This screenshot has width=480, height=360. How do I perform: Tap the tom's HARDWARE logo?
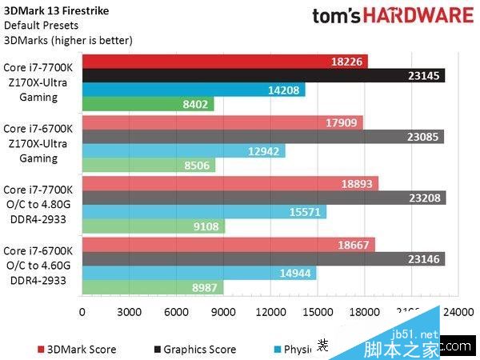[x=392, y=17]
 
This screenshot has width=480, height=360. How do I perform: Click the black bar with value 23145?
[x=263, y=75]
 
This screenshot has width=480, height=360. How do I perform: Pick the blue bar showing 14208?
[x=193, y=90]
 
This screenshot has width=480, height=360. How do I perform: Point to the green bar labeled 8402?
[x=147, y=104]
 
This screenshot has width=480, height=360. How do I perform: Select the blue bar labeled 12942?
[x=183, y=150]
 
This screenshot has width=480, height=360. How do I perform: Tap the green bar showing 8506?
[x=148, y=165]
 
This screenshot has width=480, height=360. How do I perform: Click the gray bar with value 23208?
[x=263, y=198]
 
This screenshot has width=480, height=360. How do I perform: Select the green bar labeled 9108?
[x=153, y=226]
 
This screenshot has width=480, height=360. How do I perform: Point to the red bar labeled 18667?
[x=228, y=245]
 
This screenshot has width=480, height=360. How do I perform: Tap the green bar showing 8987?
[x=152, y=287]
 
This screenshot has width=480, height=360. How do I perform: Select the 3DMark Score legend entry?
[x=77, y=349]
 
